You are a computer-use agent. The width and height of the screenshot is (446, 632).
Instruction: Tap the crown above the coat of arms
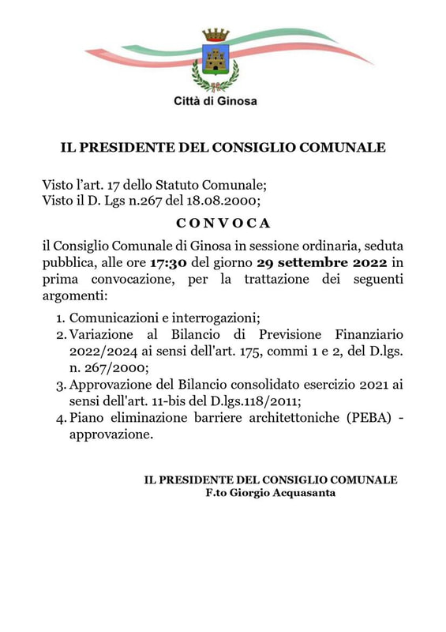[x=215, y=35]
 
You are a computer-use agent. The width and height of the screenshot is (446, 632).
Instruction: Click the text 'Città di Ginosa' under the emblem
[x=216, y=100]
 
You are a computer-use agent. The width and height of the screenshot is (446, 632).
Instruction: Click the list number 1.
[x=60, y=318]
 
